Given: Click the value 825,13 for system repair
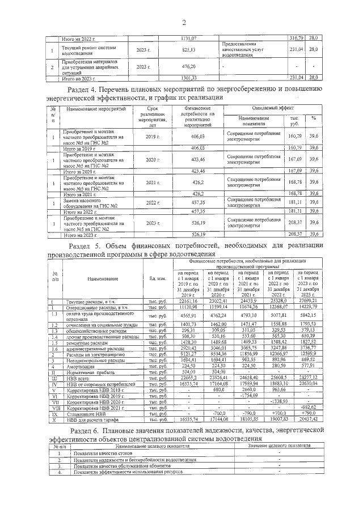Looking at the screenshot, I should (x=189, y=50).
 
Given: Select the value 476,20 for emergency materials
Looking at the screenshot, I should (x=189, y=67).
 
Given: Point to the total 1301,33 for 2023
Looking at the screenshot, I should (x=189, y=78).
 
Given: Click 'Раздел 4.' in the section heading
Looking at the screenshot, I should (x=85, y=90).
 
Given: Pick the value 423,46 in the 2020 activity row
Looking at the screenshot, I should (x=193, y=160).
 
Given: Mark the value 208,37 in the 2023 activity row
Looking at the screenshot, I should (x=296, y=223).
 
